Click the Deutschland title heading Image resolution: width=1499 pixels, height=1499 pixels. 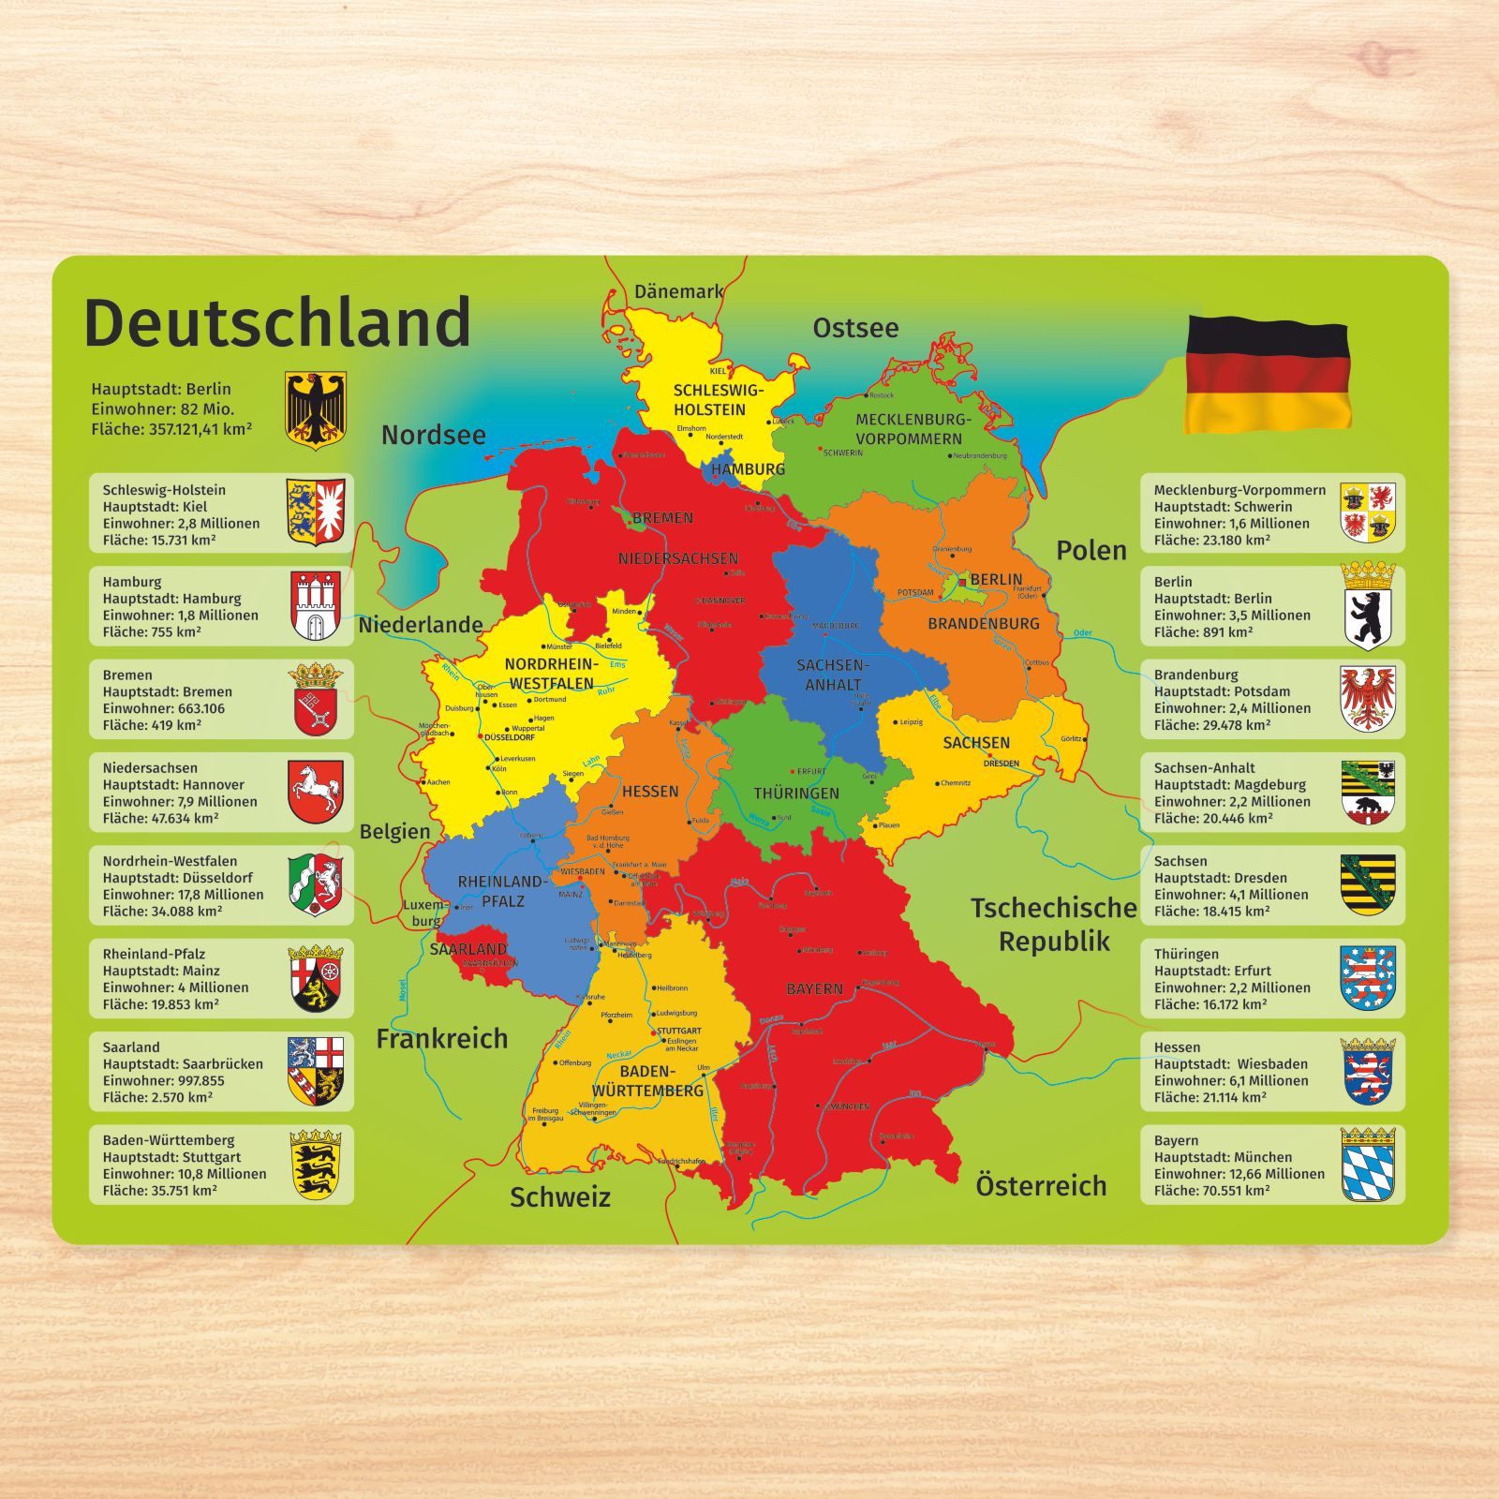pos(277,322)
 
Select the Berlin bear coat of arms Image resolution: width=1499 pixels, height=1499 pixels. pos(1368,606)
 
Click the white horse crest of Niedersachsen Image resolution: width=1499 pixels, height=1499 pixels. pos(316,793)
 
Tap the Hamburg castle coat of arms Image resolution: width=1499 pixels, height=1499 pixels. pos(316,606)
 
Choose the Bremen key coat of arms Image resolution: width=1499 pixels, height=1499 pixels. pos(316,700)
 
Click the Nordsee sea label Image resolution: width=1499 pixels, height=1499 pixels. pos(433,435)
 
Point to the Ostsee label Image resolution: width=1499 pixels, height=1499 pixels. pos(855,328)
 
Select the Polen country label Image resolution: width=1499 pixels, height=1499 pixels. pos(1091,551)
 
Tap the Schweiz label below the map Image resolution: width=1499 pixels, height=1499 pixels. pos(559,1197)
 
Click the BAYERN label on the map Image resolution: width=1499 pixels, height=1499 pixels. pos(814,988)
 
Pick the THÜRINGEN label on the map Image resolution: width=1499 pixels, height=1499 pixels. pos(796,794)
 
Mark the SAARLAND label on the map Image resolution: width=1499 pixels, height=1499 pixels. pos(468,949)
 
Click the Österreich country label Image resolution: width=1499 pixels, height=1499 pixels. pos(1041,1186)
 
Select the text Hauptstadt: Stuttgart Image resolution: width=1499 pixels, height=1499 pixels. pos(171,1157)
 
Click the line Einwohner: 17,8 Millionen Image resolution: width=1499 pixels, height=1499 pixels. pos(183,895)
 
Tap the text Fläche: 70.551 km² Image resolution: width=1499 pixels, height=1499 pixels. pos(1211,1191)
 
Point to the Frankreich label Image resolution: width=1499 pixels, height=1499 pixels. pos(441,1038)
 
